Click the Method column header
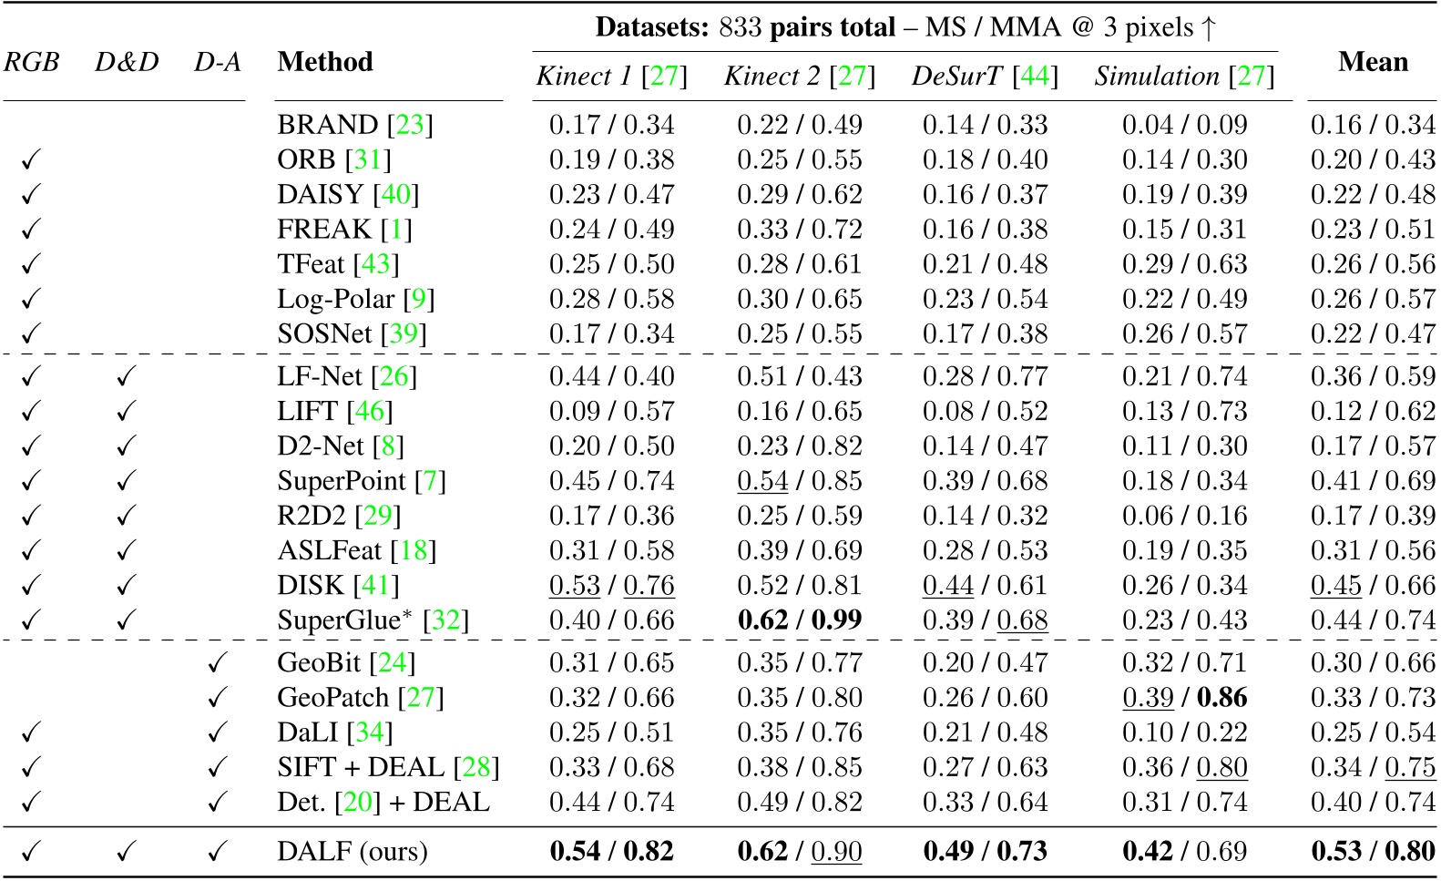point(325,62)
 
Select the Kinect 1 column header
point(611,77)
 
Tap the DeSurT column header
point(985,77)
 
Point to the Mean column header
point(1373,62)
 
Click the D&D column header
point(127,62)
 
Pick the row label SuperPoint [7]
point(362,481)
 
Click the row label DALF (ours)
point(353,852)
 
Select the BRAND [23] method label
point(355,125)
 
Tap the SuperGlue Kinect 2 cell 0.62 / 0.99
point(799,620)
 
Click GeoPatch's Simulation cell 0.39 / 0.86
point(1184,698)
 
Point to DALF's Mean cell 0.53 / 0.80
point(1373,852)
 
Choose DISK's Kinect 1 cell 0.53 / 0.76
point(611,586)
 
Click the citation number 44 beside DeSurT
point(1035,77)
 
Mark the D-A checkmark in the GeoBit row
point(217,663)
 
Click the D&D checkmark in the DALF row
point(126,852)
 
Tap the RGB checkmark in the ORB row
point(31,160)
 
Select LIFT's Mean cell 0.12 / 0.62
point(1373,412)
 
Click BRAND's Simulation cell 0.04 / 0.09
point(1184,125)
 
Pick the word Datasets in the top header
point(651,27)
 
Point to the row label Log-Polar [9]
point(355,300)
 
